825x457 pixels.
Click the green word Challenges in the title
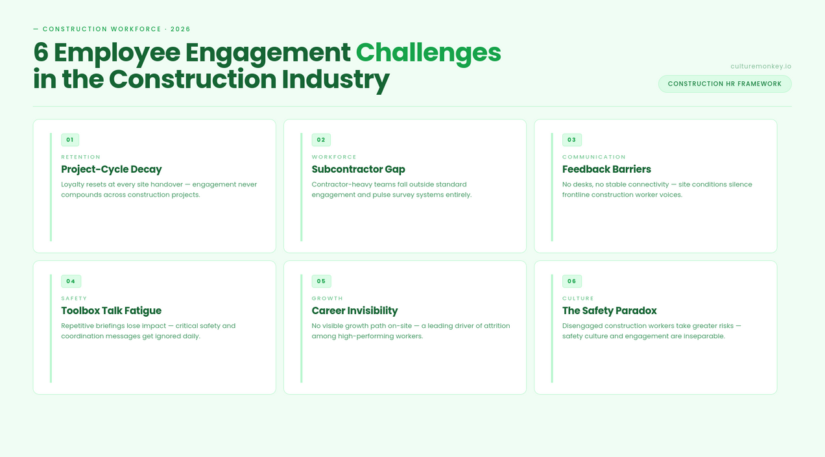tap(428, 53)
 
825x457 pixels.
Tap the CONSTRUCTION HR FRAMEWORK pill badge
tap(724, 84)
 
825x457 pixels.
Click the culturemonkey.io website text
tap(760, 66)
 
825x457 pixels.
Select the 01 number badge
tap(70, 140)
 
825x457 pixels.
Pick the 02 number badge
tap(321, 140)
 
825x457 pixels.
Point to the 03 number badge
tap(571, 140)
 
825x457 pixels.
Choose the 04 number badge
tap(71, 281)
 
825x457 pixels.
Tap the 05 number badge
tap(321, 281)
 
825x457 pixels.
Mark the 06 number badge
tap(571, 281)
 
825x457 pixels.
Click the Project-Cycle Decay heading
tap(111, 169)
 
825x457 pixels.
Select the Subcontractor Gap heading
tap(358, 169)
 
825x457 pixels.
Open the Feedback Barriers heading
tap(606, 169)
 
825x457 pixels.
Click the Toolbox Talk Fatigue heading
tap(111, 311)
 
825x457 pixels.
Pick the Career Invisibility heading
tap(354, 311)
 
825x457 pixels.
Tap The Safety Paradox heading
tap(609, 311)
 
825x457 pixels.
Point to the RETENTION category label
tap(80, 157)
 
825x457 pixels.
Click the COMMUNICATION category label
tap(593, 157)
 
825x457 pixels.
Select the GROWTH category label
tap(327, 299)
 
